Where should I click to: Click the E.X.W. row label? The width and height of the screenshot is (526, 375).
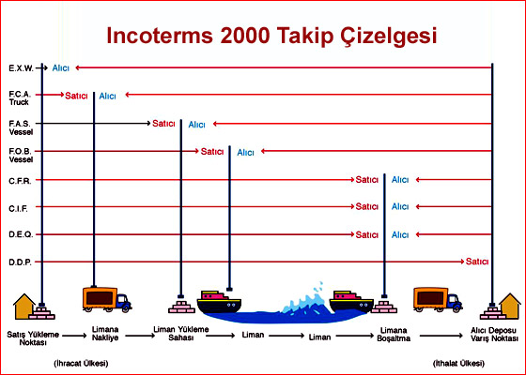click(x=21, y=68)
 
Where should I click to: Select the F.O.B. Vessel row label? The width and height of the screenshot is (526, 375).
click(x=21, y=156)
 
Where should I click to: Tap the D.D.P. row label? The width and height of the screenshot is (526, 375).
click(x=20, y=262)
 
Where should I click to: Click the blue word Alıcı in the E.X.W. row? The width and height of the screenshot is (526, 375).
click(x=61, y=68)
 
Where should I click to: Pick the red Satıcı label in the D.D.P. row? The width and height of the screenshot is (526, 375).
click(x=477, y=262)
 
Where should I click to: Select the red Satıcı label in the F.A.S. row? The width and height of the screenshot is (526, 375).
click(x=163, y=124)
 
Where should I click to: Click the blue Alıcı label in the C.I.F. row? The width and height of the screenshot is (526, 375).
click(x=400, y=206)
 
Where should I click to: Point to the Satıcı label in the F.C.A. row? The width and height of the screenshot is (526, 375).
click(x=76, y=96)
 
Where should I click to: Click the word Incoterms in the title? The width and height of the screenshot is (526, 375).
click(x=160, y=36)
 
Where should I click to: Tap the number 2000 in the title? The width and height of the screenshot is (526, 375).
click(x=245, y=36)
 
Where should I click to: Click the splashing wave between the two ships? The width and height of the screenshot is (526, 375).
click(x=305, y=300)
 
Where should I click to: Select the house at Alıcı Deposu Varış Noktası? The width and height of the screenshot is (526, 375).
click(x=509, y=306)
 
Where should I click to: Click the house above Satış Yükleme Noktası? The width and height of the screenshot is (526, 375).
click(x=23, y=306)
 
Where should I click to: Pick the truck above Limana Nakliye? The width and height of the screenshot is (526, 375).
click(x=107, y=299)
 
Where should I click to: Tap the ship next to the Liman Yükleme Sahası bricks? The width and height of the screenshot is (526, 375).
click(x=219, y=302)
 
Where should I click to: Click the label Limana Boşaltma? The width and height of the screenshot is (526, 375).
click(x=394, y=335)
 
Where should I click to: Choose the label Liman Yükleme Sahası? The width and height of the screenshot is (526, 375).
click(x=181, y=334)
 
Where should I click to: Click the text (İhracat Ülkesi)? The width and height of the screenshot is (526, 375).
click(x=81, y=363)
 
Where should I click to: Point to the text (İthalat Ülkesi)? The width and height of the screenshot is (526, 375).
click(x=458, y=363)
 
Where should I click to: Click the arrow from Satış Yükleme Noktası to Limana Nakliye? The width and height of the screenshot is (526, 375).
click(x=74, y=336)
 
